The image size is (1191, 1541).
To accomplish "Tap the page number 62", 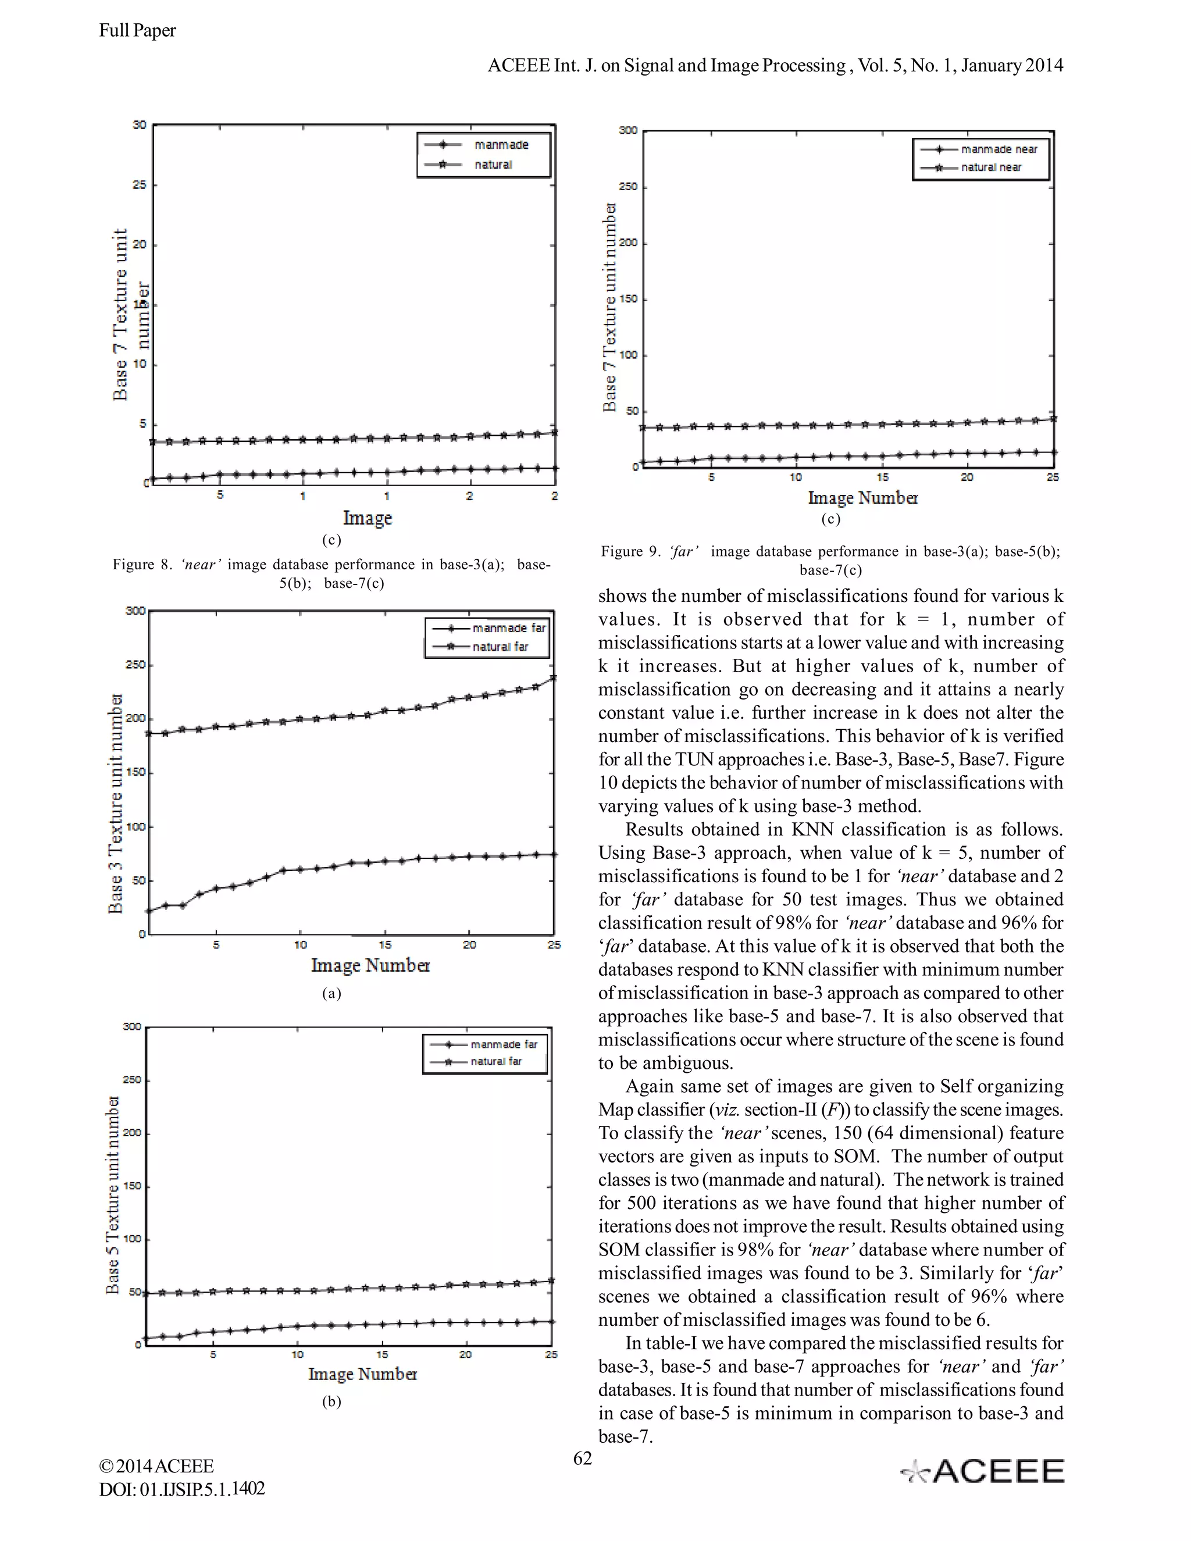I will coord(582,1458).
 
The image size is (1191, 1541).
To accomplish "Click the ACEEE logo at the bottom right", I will coord(983,1471).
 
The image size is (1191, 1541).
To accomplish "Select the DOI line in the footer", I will coord(182,1489).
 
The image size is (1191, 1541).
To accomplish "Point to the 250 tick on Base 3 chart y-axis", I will coord(135,665).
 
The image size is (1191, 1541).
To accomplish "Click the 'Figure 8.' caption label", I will coord(142,565).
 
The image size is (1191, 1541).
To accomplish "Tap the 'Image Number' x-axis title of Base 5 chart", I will coord(363,1374).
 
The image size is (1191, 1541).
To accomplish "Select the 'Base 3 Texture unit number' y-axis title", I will coord(115,803).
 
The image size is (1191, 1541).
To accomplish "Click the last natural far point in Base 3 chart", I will coord(552,678).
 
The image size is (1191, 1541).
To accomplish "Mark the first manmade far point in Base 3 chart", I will coord(149,911).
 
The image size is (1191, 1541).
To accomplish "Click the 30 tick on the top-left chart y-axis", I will coord(139,125).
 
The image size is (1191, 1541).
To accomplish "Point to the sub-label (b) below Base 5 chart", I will coord(331,1401).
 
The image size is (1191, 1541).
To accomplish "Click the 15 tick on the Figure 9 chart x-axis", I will coord(882,477).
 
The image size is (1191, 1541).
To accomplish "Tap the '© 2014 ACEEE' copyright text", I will coord(156,1466).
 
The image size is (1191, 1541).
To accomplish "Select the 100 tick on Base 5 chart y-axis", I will coord(132,1239).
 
